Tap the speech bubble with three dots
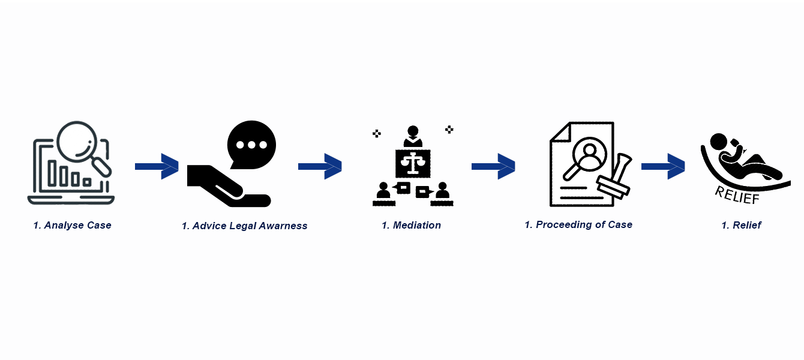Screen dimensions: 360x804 251,145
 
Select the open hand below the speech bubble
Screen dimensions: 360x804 228,186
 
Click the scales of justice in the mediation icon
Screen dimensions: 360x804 413,163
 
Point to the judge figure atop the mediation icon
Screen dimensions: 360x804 413,136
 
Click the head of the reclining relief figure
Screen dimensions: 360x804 718,142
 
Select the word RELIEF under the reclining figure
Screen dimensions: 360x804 737,195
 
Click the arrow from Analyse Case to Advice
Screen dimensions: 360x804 157,166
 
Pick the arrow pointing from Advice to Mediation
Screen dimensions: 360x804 320,166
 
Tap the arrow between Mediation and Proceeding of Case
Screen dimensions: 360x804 493,166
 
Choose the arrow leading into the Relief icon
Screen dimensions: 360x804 664,166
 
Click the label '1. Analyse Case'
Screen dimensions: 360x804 73,226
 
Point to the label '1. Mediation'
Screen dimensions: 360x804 412,226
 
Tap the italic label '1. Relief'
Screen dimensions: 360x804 741,226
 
